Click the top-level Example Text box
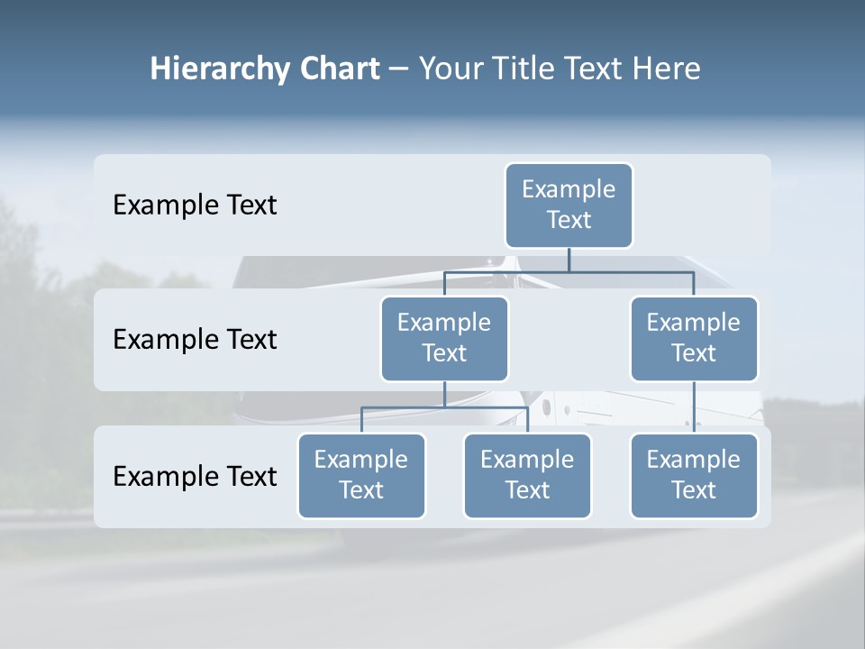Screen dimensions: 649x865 pos(569,205)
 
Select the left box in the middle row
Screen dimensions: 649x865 pos(444,338)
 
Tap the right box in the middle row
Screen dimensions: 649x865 pos(694,338)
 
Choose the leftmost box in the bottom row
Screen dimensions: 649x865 pos(361,475)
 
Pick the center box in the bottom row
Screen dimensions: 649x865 pos(527,475)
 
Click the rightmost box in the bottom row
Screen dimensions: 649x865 pos(694,475)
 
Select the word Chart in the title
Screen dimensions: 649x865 pos(339,69)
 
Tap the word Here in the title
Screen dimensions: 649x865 pos(666,69)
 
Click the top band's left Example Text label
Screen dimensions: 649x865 pos(195,205)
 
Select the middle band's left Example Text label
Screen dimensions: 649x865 pos(195,339)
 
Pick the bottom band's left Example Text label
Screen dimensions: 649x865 pos(195,476)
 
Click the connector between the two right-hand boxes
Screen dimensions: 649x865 pos(694,407)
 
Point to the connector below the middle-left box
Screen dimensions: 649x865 pos(444,394)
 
